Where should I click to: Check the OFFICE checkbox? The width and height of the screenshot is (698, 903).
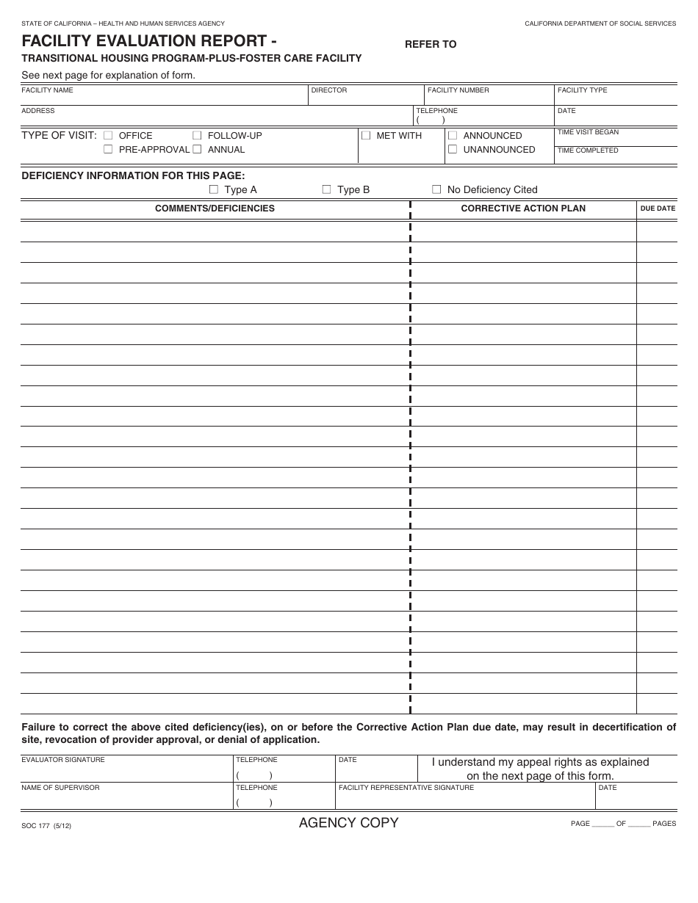click(108, 135)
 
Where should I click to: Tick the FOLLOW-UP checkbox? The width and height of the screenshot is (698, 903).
click(197, 135)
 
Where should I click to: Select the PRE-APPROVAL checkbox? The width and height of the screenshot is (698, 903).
click(108, 149)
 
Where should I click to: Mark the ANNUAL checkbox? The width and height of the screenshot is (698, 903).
click(197, 149)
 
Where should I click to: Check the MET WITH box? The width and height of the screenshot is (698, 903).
click(366, 135)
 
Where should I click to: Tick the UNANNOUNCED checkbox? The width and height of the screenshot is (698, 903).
click(453, 149)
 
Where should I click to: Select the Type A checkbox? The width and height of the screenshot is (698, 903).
click(214, 189)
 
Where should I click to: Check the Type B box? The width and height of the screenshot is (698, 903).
click(327, 189)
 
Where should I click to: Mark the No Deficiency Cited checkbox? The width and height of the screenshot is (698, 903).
click(436, 189)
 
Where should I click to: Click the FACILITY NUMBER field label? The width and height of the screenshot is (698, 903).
click(458, 90)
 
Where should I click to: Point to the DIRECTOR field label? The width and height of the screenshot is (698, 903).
click(328, 90)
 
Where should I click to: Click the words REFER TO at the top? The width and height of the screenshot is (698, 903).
click(431, 44)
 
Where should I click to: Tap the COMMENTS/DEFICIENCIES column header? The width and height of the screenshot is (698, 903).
click(215, 208)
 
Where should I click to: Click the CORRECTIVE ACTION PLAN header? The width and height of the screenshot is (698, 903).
click(523, 208)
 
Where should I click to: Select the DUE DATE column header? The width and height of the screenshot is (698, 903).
click(658, 208)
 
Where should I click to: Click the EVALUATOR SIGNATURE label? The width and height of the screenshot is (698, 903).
click(63, 760)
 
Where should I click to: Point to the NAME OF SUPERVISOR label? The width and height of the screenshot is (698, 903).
click(60, 788)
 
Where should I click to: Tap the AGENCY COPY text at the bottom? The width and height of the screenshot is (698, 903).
click(348, 823)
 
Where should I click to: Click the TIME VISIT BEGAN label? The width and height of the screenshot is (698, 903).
click(588, 132)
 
